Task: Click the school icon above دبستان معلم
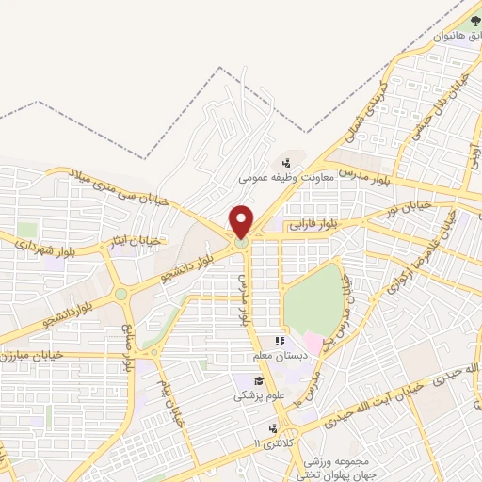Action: pyautogui.click(x=280, y=341)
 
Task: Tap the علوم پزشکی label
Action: pyautogui.click(x=256, y=396)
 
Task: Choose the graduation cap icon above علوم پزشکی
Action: pyautogui.click(x=257, y=381)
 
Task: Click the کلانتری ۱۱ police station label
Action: pyautogui.click(x=272, y=442)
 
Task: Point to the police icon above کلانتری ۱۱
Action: pyautogui.click(x=272, y=428)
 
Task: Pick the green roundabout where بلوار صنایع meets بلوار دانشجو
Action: pyautogui.click(x=120, y=294)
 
